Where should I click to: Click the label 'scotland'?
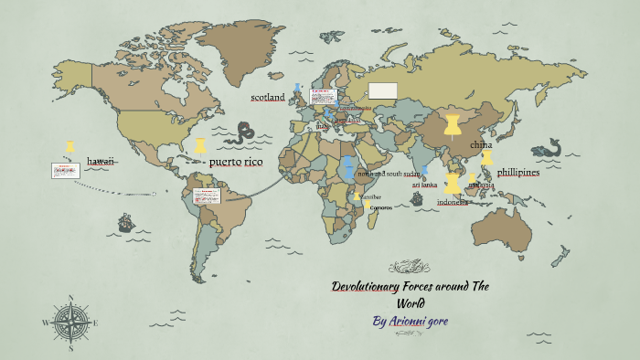pos(268,97)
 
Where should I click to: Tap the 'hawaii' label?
pos(101,161)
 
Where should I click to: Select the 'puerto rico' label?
pos(236,162)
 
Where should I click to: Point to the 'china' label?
pos(481,145)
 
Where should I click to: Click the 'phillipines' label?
pos(518,172)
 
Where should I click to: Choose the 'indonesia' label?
pos(453,202)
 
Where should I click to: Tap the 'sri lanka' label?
pos(424,185)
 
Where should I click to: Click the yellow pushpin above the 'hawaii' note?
pos(70,146)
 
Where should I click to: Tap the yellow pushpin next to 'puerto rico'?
pos(200,145)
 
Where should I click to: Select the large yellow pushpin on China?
pos(452,124)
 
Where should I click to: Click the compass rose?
pos(66,321)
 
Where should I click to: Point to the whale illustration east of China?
pos(547,149)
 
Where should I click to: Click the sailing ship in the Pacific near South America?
pos(125,222)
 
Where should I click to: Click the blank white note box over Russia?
pos(383,90)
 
